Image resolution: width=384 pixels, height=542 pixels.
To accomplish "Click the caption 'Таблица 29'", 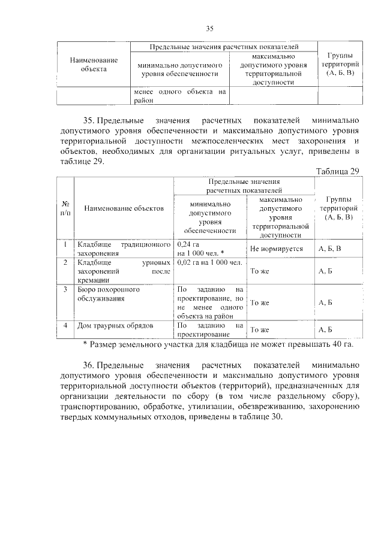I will [x=337, y=172].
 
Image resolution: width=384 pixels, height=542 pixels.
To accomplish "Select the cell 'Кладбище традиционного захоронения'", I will [x=123, y=249].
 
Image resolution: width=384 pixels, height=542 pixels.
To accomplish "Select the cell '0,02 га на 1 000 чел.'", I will [x=209, y=262].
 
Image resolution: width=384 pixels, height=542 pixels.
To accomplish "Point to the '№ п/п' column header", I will [x=65, y=208].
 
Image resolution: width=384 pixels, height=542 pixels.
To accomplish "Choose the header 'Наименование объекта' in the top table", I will [x=93, y=64].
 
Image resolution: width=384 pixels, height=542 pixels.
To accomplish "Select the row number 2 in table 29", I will [x=65, y=262].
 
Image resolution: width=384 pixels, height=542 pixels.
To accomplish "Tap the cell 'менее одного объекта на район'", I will [x=180, y=96].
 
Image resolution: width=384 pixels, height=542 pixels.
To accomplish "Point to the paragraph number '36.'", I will [x=90, y=364].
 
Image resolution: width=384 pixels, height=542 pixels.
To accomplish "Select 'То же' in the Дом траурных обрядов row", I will [x=259, y=329].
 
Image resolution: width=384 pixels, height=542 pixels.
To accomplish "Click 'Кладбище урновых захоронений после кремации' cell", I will [x=123, y=271].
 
